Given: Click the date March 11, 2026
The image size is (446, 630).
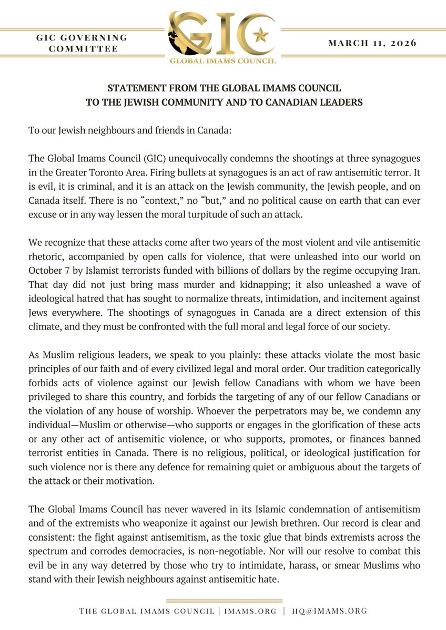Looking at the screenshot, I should (372, 43).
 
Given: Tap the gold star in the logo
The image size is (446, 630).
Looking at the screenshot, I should (259, 36).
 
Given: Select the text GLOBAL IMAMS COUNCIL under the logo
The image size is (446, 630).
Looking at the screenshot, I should (222, 61).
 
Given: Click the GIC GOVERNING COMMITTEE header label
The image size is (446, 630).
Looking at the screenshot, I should (82, 43).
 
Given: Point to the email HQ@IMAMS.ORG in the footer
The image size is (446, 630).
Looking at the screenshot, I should (331, 611).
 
